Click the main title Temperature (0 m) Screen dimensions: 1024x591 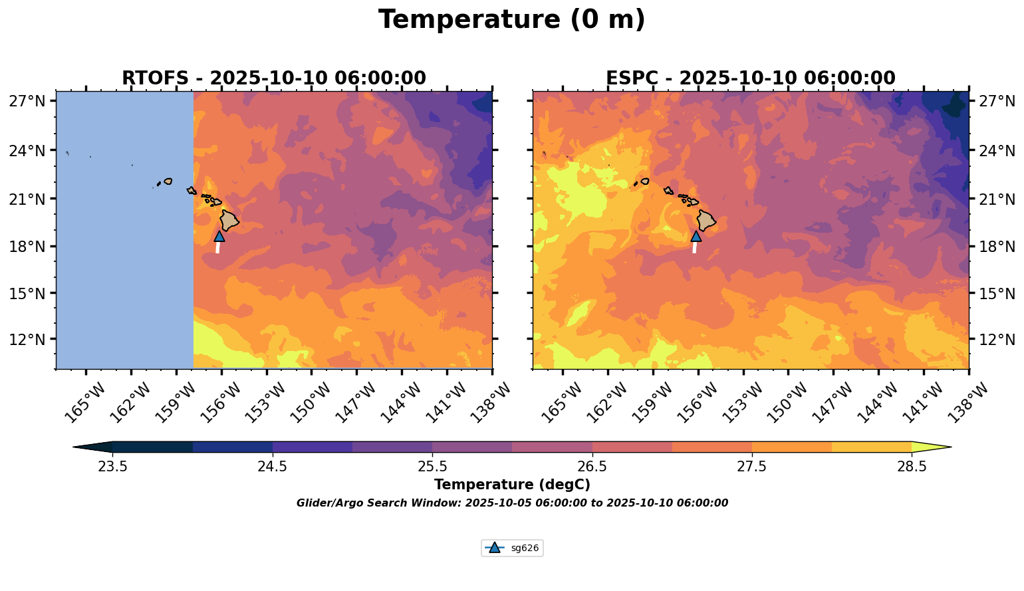point(511,20)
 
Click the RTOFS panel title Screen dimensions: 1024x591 point(274,78)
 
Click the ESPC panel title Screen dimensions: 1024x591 point(751,78)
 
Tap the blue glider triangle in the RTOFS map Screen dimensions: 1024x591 point(219,236)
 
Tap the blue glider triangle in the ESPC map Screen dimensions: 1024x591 point(696,236)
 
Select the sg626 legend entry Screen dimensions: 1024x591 point(512,548)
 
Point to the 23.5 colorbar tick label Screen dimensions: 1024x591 point(112,466)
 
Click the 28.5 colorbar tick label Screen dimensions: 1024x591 point(912,466)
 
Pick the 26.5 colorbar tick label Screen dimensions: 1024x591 point(592,466)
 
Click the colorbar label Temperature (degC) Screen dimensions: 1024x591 point(512,485)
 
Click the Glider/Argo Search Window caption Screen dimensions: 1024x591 point(512,503)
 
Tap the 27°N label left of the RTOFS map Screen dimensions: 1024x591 point(27,100)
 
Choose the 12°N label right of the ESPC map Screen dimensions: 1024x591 point(996,339)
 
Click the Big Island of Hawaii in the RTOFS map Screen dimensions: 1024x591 point(229,221)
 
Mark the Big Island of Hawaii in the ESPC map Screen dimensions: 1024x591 point(705,221)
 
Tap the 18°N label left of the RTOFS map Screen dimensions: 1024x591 point(27,247)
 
